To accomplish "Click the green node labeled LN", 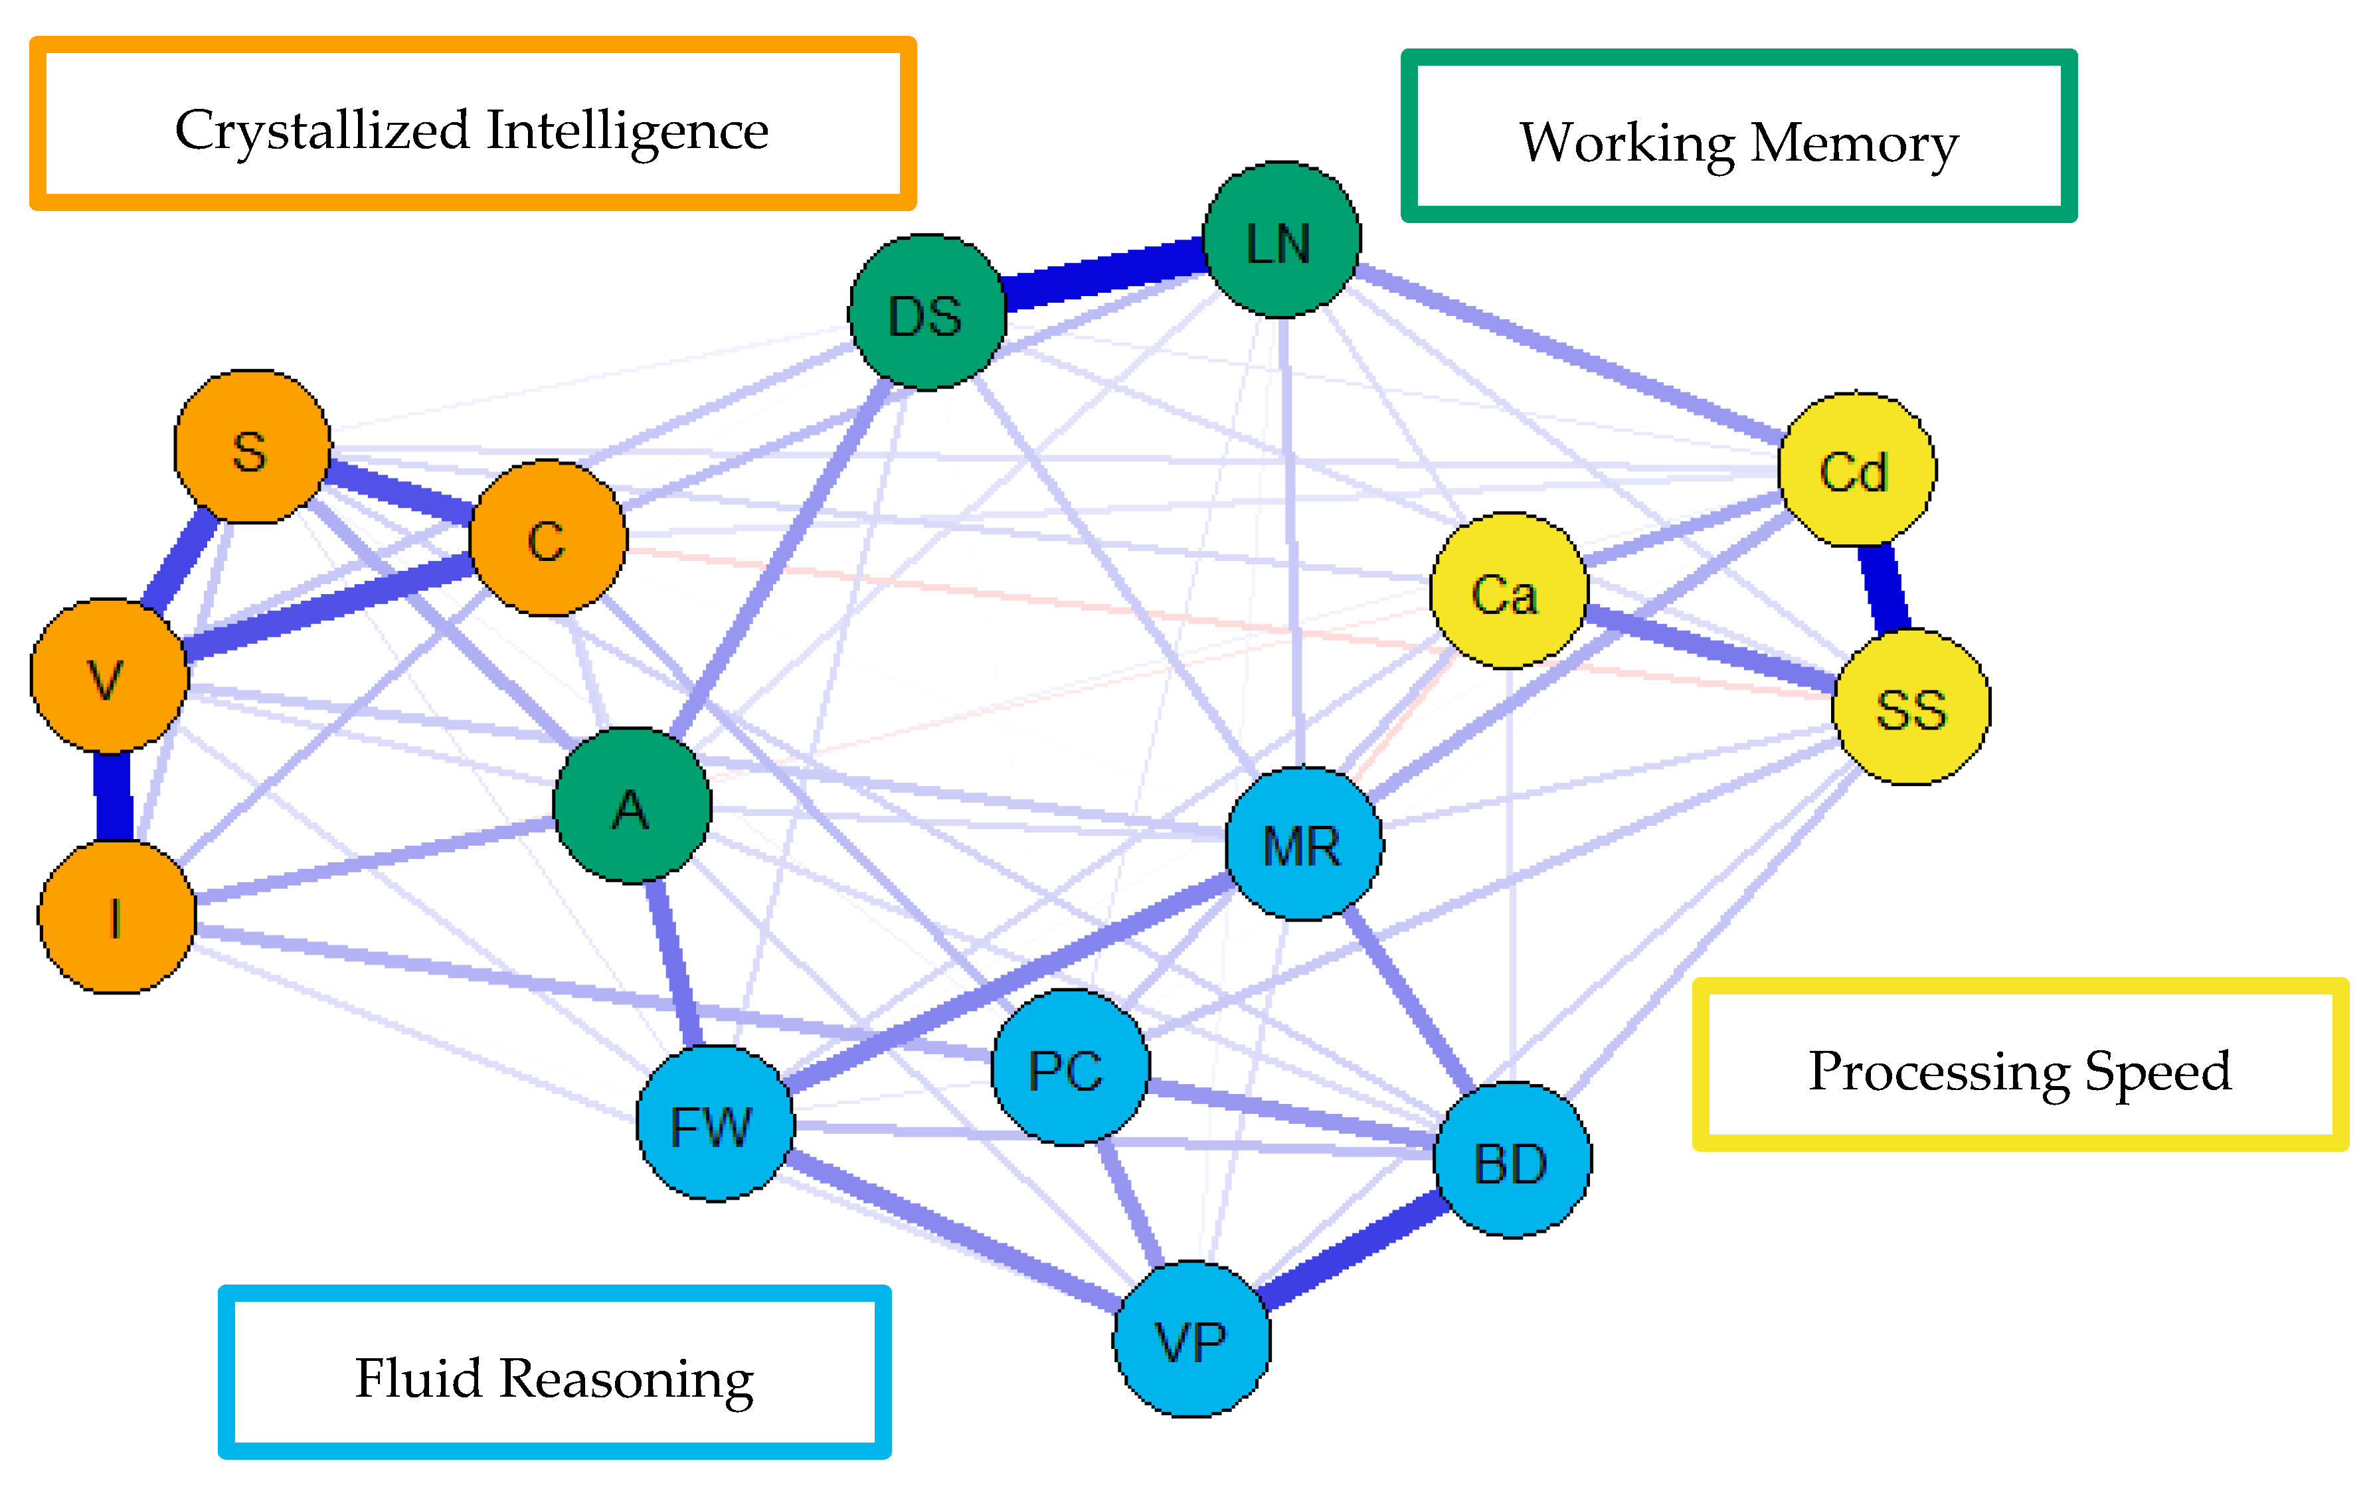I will [1282, 240].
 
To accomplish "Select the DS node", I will [926, 313].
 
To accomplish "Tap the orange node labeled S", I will [252, 447].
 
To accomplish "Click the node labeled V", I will [108, 676].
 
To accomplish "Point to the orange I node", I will [116, 917].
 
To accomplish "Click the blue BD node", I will [1512, 1160].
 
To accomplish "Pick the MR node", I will [1304, 844].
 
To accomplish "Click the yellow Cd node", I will [1856, 469].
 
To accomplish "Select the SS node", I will [1911, 707].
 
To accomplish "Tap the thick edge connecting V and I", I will [113, 797].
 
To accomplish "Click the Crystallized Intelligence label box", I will [472, 125].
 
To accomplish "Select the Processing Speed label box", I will [2019, 1065].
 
